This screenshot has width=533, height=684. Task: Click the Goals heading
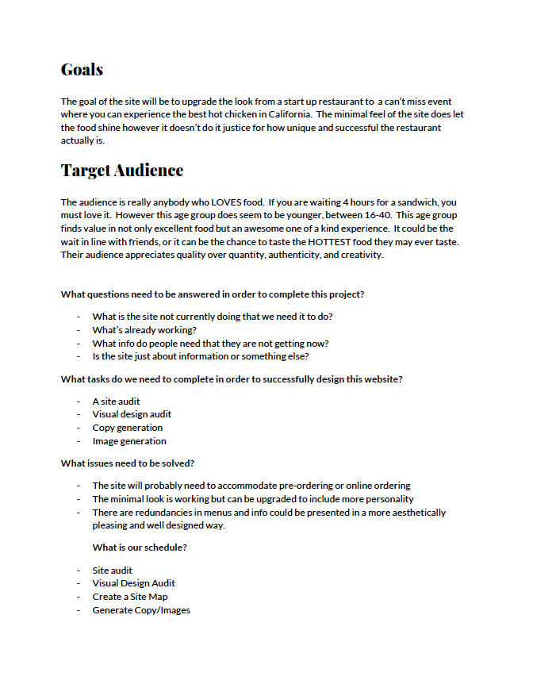pos(82,69)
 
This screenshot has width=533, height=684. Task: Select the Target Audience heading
pos(121,170)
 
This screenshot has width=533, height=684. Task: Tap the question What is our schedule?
pos(140,548)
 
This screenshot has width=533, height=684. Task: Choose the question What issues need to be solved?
pos(128,463)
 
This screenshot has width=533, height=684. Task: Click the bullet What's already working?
pos(144,329)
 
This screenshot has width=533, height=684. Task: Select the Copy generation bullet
pos(127,428)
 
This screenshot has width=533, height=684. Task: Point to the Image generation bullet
pos(129,441)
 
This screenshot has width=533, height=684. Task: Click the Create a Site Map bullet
pos(129,597)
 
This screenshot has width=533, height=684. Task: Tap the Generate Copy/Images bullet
pos(141,610)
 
